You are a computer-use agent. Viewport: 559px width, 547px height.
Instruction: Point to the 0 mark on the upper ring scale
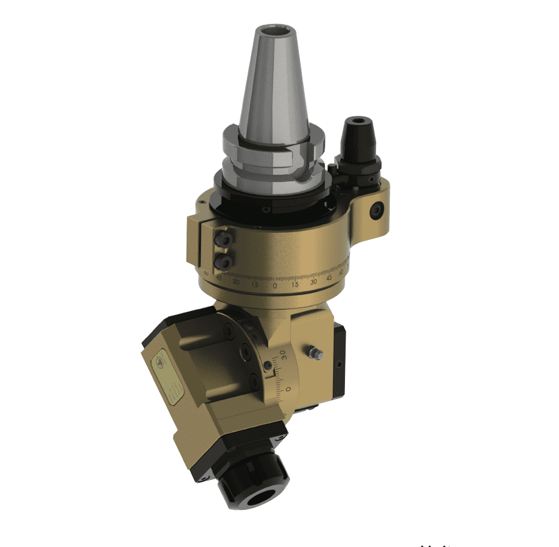[x=276, y=286]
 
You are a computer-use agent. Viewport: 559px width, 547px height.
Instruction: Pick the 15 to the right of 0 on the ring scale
[x=295, y=285]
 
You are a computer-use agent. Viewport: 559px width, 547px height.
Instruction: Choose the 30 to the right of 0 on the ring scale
[x=313, y=282]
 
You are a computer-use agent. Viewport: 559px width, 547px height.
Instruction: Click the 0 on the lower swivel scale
[x=288, y=389]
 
